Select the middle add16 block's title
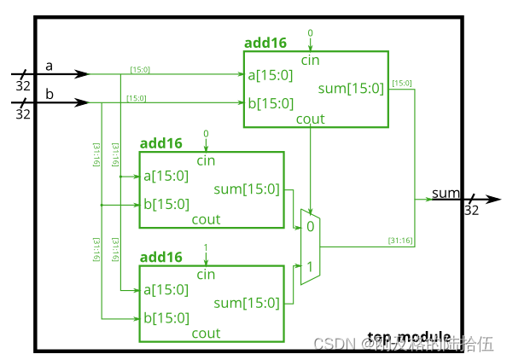pyautogui.click(x=160, y=143)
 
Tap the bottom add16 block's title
pyautogui.click(x=160, y=257)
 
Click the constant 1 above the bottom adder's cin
pyautogui.click(x=206, y=247)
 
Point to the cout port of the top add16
pyautogui.click(x=310, y=119)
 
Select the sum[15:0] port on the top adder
pyautogui.click(x=353, y=89)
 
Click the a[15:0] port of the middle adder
pyautogui.click(x=165, y=176)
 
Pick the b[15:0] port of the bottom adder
pyautogui.click(x=165, y=318)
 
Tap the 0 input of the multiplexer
pyautogui.click(x=310, y=227)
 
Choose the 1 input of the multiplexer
pyautogui.click(x=310, y=267)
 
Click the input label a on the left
pyautogui.click(x=49, y=66)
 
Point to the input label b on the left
pyautogui.click(x=49, y=94)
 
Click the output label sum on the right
pyautogui.click(x=446, y=192)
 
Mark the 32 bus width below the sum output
pyautogui.click(x=471, y=211)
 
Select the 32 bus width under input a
pyautogui.click(x=23, y=85)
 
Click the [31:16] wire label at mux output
pyautogui.click(x=400, y=241)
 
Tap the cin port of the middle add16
pyautogui.click(x=206, y=160)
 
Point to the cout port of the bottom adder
pyautogui.click(x=206, y=334)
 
